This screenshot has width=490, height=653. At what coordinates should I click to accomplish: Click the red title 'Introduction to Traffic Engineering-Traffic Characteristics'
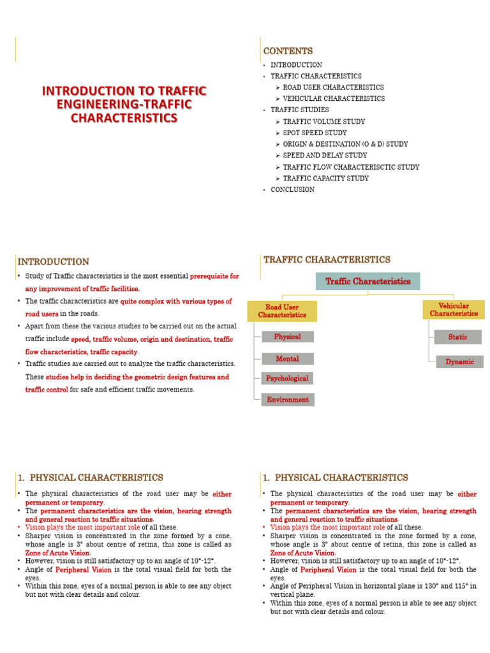(x=124, y=105)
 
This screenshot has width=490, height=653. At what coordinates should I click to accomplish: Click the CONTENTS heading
(x=288, y=51)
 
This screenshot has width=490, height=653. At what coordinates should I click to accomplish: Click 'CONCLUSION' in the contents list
(x=292, y=189)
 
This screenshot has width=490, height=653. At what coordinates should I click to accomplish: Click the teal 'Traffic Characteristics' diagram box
(x=368, y=281)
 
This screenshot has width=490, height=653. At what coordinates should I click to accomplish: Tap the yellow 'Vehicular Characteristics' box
(x=454, y=310)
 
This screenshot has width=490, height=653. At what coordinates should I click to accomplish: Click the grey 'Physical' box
(x=287, y=337)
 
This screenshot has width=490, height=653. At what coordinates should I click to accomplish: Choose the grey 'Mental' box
(x=287, y=358)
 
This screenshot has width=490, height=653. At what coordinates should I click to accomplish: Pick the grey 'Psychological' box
(x=287, y=378)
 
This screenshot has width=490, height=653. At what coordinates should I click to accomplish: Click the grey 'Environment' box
(x=287, y=400)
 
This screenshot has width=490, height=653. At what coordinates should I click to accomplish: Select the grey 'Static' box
(x=457, y=337)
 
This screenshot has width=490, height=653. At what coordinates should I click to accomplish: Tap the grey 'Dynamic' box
(x=459, y=362)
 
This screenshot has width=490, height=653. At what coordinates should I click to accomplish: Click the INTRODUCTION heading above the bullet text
(x=53, y=261)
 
